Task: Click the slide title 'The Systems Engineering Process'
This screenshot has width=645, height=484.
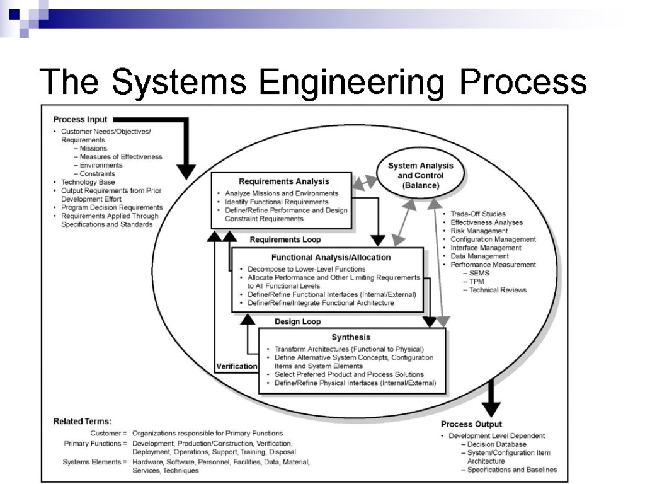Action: click(313, 83)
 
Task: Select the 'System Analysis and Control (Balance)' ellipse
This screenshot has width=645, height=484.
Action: click(420, 175)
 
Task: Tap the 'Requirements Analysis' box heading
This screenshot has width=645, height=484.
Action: click(284, 181)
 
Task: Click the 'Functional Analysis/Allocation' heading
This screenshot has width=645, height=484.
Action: click(331, 257)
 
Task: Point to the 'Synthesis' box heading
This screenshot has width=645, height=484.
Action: click(351, 337)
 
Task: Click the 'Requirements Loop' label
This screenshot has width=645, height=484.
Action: click(285, 239)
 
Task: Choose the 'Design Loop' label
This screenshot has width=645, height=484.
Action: click(297, 321)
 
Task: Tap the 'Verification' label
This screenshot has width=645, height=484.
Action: click(236, 366)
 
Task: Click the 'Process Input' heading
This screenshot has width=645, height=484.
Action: click(80, 119)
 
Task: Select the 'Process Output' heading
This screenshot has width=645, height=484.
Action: click(471, 424)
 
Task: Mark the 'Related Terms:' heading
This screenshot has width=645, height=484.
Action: click(82, 421)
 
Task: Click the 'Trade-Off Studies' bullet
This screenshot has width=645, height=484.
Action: click(478, 214)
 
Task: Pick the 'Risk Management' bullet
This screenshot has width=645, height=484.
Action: click(479, 231)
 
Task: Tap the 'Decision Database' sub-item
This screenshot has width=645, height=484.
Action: click(497, 444)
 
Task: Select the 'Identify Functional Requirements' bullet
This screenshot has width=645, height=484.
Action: click(277, 202)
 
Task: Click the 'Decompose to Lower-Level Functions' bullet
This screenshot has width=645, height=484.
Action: click(306, 269)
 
